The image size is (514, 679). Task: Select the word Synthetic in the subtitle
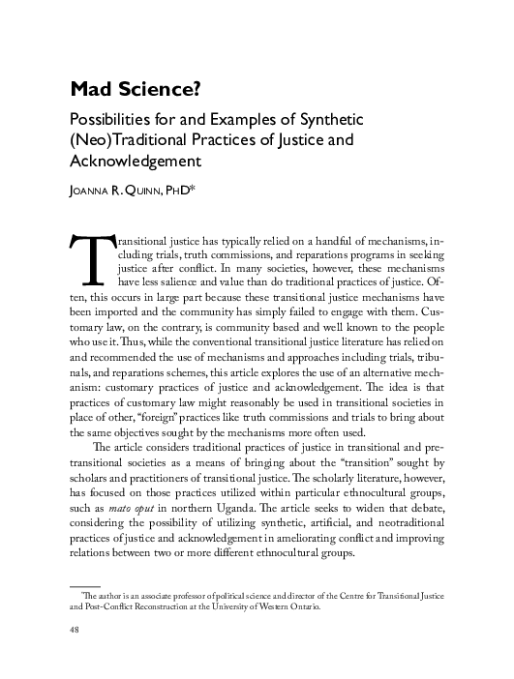pyautogui.click(x=325, y=120)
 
